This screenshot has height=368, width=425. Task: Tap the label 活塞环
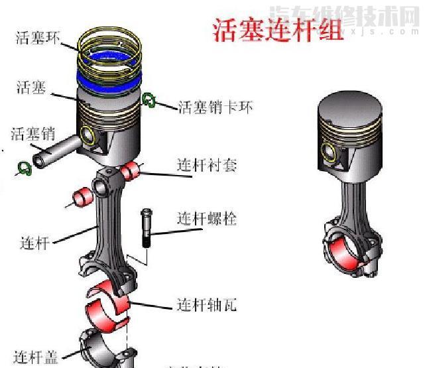point(38,37)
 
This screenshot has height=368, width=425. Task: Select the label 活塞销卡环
point(215,106)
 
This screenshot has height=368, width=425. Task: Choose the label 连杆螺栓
point(206,218)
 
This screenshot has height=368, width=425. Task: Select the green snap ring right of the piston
point(149,100)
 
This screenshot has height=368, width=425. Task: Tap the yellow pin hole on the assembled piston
point(328,150)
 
